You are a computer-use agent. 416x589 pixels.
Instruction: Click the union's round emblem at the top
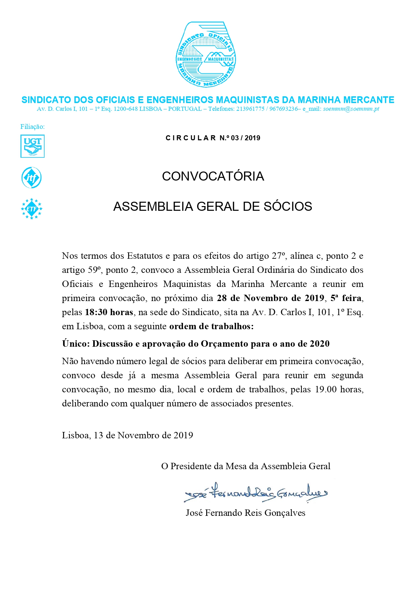click(x=206, y=55)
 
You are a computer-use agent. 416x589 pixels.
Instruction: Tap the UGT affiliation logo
click(x=33, y=146)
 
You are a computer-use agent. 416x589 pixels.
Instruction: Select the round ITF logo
click(x=32, y=178)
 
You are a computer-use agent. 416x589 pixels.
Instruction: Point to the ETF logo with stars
click(x=32, y=209)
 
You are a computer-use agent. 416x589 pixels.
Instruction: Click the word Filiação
click(x=33, y=127)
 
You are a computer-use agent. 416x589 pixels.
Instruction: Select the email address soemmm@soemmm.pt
click(x=351, y=109)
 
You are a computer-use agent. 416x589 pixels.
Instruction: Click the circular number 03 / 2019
click(x=245, y=138)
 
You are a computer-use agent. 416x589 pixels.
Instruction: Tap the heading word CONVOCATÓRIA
click(x=213, y=176)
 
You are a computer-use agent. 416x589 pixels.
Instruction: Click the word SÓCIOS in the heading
click(x=288, y=206)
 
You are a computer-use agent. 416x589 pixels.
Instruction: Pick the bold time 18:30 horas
click(x=109, y=312)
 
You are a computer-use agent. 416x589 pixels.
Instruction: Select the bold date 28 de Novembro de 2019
click(x=270, y=298)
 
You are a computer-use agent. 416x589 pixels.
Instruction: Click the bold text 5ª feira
click(x=346, y=298)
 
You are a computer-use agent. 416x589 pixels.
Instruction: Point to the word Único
click(x=76, y=344)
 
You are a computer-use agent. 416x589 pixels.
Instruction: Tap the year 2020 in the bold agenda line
click(x=319, y=344)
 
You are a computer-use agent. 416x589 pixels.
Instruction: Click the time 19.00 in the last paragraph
click(x=326, y=389)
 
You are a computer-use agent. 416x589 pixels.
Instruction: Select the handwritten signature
click(x=255, y=493)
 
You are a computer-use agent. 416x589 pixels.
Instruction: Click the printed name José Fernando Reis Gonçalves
click(x=245, y=513)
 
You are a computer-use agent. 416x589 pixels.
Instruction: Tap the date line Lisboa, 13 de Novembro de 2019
click(x=127, y=435)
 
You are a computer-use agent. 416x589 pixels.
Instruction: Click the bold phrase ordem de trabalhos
click(x=211, y=326)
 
